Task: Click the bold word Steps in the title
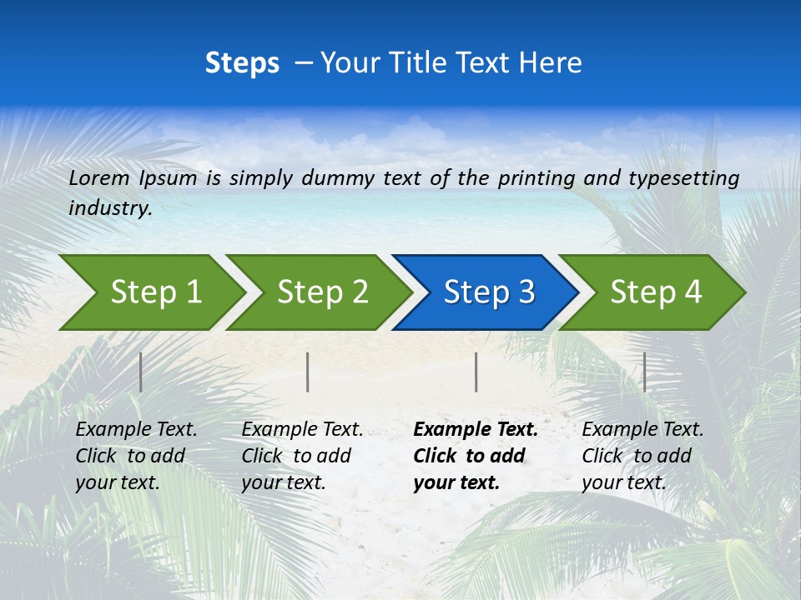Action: coord(242,63)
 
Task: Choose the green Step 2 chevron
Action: coord(317,292)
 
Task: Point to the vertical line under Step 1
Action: coord(141,372)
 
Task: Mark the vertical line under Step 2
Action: coord(308,372)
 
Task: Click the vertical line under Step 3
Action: coord(476,372)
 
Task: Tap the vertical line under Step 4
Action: coord(645,372)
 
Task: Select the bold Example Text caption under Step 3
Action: coord(475,456)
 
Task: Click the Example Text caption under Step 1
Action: coord(135,456)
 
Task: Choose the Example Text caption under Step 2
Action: coord(301,456)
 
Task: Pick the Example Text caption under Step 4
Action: coord(642,456)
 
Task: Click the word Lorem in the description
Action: coord(99,177)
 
